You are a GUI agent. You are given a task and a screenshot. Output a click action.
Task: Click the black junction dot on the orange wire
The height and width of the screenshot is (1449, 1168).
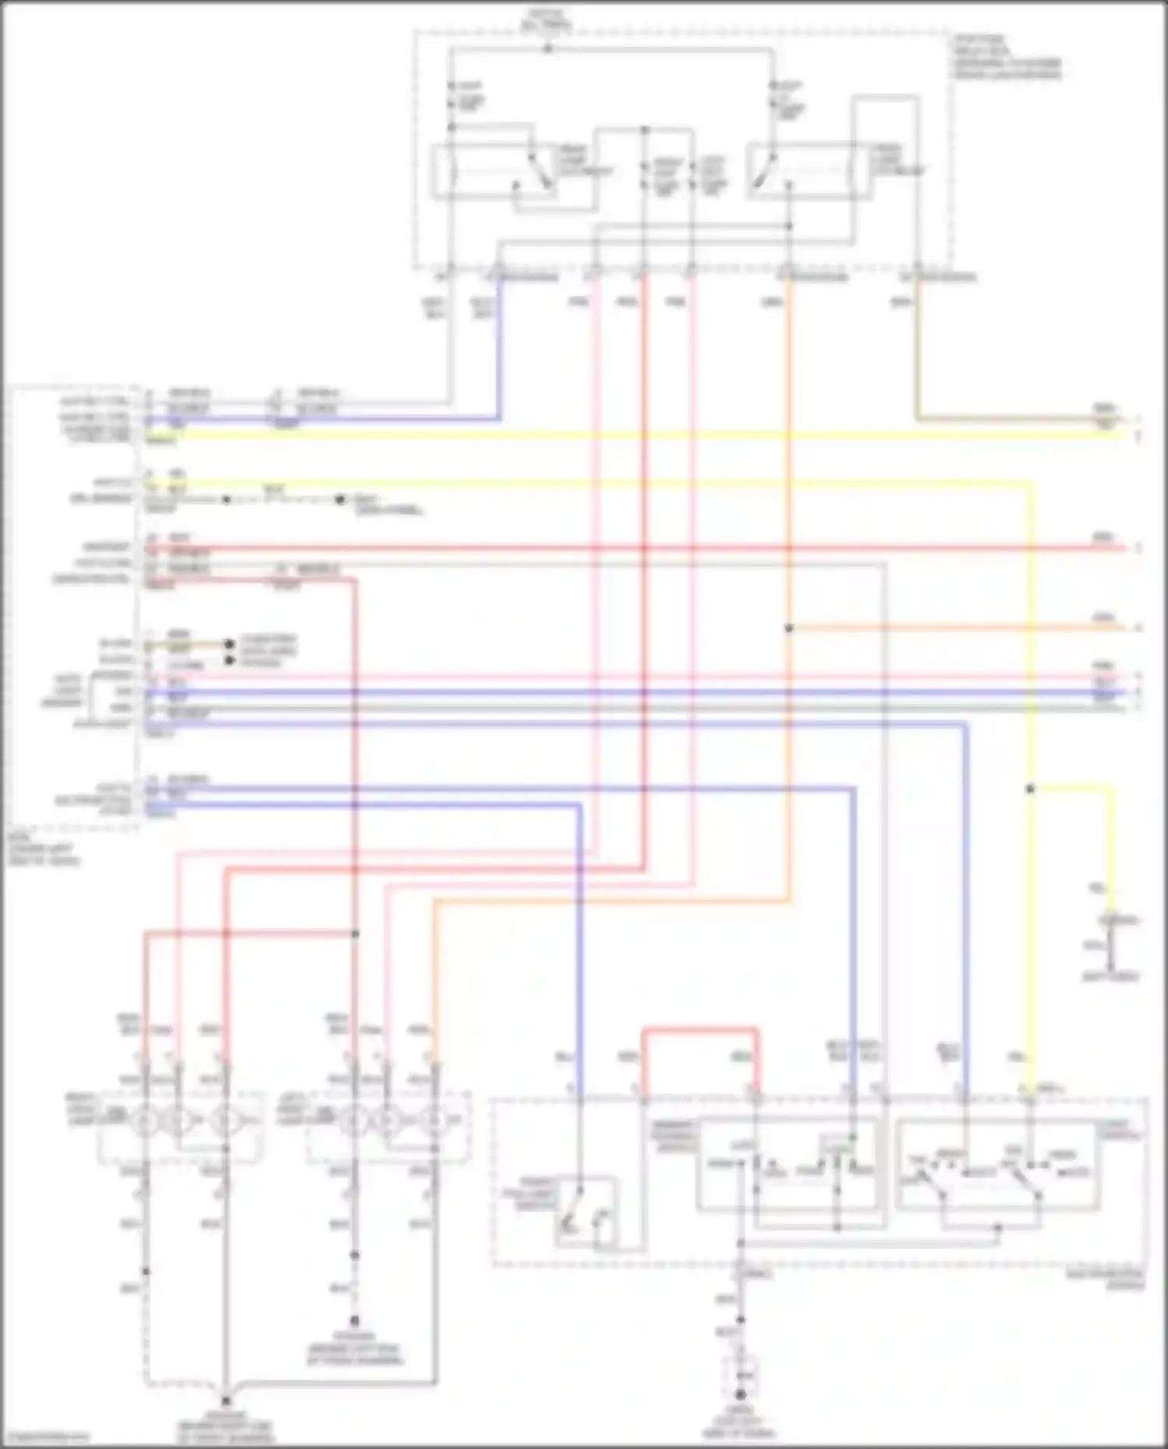(789, 628)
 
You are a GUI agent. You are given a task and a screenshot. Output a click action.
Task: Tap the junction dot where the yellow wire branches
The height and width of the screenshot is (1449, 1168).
(1029, 789)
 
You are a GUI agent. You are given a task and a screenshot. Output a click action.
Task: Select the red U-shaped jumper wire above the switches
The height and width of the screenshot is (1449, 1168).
(699, 1031)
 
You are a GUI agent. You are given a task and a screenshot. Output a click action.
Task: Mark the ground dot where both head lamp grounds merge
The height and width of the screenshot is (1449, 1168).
(226, 1398)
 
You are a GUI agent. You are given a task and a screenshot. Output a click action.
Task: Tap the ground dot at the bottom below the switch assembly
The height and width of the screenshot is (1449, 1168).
(741, 1394)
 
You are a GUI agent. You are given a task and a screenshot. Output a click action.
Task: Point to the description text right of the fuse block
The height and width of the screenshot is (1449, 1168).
(1005, 58)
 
